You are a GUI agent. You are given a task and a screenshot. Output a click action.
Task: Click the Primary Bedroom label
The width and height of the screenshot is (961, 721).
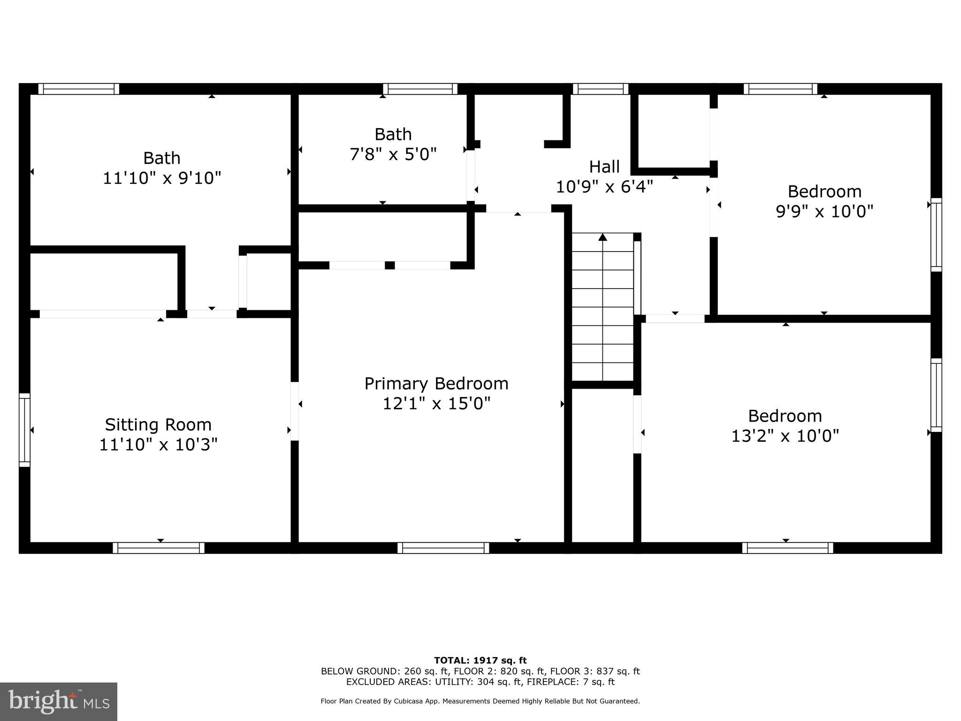[436, 384]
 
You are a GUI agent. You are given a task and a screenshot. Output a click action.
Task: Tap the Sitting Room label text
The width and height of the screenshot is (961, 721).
[158, 424]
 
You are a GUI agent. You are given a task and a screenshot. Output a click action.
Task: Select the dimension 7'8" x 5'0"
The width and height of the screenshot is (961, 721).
[393, 154]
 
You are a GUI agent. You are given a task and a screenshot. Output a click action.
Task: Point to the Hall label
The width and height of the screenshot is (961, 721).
[604, 167]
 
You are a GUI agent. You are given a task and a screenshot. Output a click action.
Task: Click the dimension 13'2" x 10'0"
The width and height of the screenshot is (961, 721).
[785, 436]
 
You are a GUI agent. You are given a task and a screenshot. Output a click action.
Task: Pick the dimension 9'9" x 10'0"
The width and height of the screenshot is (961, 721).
[824, 211]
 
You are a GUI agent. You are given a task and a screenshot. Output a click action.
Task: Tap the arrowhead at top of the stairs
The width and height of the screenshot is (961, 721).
[603, 238]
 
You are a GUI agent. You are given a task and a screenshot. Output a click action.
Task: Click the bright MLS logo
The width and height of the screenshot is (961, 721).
[59, 701]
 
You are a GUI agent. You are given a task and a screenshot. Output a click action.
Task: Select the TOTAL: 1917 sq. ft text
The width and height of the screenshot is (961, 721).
[480, 660]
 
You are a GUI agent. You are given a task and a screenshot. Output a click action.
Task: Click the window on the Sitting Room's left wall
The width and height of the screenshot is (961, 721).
[24, 430]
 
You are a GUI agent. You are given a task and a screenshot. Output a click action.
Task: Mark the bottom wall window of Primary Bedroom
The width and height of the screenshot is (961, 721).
[443, 548]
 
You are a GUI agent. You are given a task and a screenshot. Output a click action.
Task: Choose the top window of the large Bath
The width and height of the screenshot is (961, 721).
[78, 89]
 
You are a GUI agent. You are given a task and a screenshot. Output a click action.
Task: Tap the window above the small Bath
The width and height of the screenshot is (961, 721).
[420, 89]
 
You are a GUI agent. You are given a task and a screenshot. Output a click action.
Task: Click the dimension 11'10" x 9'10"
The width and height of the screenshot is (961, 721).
[161, 178]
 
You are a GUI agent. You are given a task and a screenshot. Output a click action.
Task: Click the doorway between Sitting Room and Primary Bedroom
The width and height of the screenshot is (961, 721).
[295, 411]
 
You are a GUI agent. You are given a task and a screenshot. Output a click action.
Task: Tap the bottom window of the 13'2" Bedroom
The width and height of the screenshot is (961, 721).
[787, 548]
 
